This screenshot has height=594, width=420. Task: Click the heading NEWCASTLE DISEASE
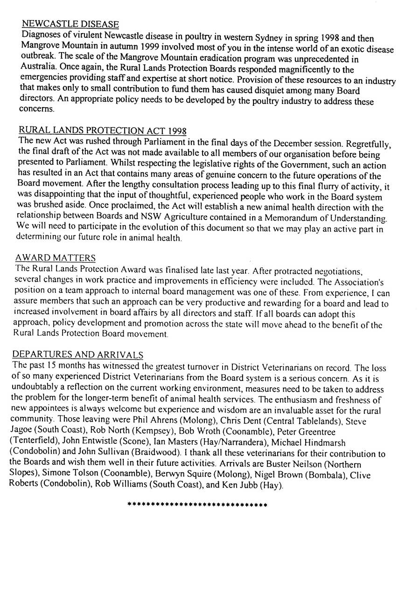pyautogui.click(x=70, y=24)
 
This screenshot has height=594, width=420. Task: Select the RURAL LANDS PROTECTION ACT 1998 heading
pyautogui.click(x=103, y=130)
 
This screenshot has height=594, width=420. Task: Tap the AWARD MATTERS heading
pyautogui.click(x=56, y=258)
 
